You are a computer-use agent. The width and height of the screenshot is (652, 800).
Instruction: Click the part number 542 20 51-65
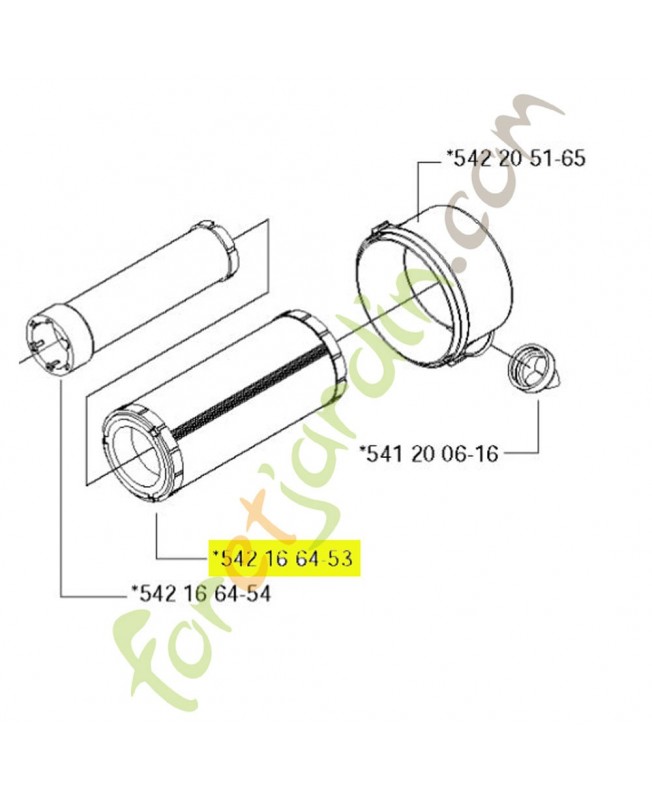tap(515, 158)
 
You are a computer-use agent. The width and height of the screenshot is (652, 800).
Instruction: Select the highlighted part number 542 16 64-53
tap(285, 558)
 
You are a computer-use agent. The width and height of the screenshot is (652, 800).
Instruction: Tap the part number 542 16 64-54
tap(201, 593)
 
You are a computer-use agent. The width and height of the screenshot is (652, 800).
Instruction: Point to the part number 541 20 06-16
tap(429, 453)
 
